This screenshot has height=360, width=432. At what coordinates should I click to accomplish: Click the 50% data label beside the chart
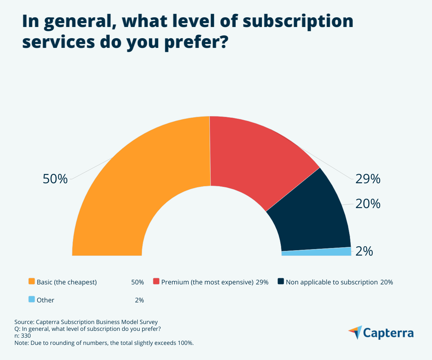pos(55,179)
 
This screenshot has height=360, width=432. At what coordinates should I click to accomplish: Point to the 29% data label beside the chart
pos(368,179)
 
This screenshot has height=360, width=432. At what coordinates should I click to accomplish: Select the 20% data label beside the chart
pos(368,204)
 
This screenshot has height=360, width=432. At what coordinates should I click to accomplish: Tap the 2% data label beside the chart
pos(364,251)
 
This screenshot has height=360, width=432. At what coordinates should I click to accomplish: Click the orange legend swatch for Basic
pos(32,282)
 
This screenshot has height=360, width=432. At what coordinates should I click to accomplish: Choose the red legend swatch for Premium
pos(156,282)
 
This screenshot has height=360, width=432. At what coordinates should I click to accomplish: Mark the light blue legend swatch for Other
pos(32,300)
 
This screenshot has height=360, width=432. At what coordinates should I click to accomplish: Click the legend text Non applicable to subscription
pos(331,282)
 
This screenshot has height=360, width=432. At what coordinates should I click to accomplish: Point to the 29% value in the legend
pos(262,282)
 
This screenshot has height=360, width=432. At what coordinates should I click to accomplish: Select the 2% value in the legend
pos(139,300)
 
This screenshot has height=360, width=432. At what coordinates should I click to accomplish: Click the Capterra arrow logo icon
pos(355,332)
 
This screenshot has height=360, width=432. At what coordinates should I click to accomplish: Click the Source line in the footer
pos(86,322)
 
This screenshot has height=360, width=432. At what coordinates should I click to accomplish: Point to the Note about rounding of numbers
pos(104,343)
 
